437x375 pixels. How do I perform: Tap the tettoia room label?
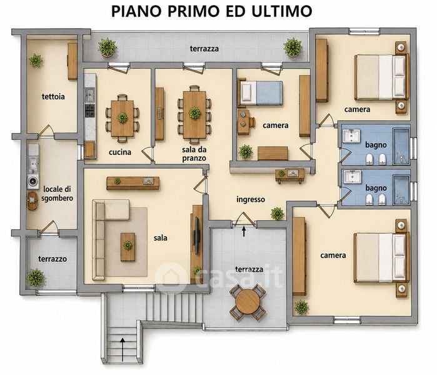click(53, 97)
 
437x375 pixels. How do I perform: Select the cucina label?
click(120, 152)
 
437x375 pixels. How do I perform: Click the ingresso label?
click(251, 199)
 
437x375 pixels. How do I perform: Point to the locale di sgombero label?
click(57, 194)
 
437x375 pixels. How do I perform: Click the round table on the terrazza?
click(248, 302)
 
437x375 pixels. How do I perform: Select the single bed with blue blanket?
click(259, 93)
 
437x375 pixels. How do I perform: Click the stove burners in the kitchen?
click(90, 111)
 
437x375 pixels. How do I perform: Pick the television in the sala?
click(197, 236)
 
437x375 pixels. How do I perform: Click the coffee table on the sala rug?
click(128, 247)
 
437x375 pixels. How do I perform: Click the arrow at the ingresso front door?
click(244, 231)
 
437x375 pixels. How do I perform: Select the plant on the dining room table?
click(195, 113)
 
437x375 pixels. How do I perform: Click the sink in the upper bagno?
click(351, 136)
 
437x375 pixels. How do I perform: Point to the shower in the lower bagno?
click(401, 190)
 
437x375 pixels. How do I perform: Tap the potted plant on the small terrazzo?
click(36, 277)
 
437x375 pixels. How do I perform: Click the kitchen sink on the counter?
click(90, 94)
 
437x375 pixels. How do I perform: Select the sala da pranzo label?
click(194, 154)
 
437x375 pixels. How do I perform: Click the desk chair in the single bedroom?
click(252, 122)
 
